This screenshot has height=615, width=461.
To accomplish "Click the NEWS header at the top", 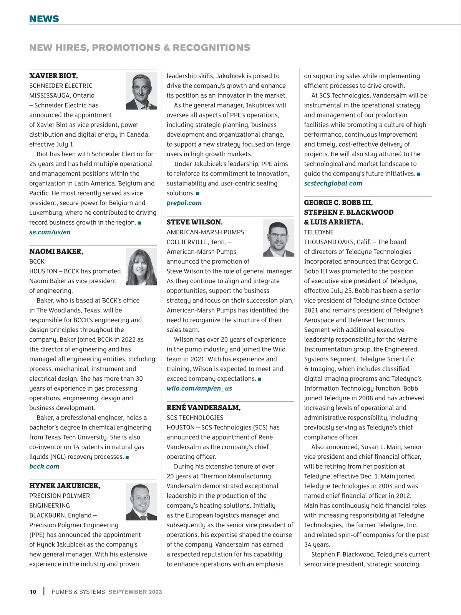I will (x=44, y=19).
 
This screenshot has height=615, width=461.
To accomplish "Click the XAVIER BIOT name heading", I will (x=53, y=76).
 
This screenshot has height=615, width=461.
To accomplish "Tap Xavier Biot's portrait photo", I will (x=141, y=91).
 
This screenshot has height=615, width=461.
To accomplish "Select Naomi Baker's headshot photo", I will (x=141, y=266).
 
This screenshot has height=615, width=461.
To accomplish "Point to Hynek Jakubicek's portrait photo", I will (x=141, y=501).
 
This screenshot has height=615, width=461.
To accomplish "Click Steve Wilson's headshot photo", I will (x=279, y=238).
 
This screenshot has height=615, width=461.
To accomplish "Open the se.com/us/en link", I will (x=50, y=232).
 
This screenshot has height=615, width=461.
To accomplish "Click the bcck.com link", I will (x=44, y=466).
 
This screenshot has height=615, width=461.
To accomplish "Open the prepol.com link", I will (x=184, y=203).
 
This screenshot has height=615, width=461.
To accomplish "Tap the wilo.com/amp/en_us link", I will (x=199, y=388).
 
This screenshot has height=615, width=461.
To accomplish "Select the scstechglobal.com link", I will (x=333, y=183).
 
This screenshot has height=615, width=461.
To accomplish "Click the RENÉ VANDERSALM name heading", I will (x=203, y=408).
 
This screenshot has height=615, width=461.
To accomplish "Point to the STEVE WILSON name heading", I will (x=194, y=222).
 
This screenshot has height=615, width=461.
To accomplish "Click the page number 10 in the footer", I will (x=33, y=592).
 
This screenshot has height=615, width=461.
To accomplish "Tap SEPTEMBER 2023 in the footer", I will (x=135, y=592).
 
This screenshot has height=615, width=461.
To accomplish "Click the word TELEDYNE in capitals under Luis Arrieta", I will (x=319, y=232).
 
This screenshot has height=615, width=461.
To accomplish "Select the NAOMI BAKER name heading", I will (x=56, y=251).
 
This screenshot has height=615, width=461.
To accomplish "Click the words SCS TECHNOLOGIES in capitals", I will (x=195, y=418).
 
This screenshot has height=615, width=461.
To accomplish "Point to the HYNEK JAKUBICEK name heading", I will (x=65, y=486).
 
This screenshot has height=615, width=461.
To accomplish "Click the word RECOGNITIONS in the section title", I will (x=211, y=48).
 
